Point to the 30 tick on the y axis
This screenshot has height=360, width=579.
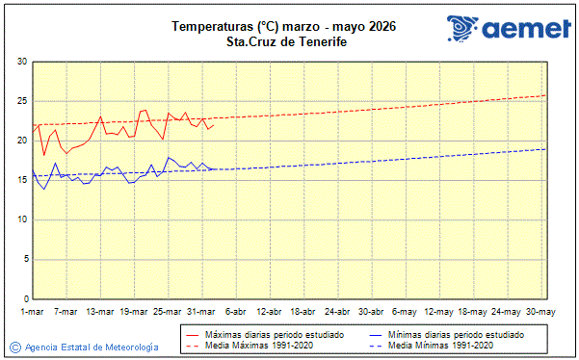point(21,62)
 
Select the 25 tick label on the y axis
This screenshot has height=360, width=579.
point(21,101)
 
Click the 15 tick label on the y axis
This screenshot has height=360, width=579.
point(21,180)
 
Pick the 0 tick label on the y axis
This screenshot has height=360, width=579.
point(24,298)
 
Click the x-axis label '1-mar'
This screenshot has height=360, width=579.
point(32,311)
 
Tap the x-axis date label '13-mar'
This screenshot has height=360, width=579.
point(100,311)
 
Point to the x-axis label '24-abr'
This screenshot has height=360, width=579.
point(337,311)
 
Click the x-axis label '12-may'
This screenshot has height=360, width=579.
point(439,311)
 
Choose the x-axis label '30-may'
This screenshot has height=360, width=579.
point(540,311)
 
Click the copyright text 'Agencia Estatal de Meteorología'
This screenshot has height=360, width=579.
point(92,347)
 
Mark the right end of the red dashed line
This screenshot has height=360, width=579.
point(545,95)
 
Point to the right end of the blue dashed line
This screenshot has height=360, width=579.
point(545,149)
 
